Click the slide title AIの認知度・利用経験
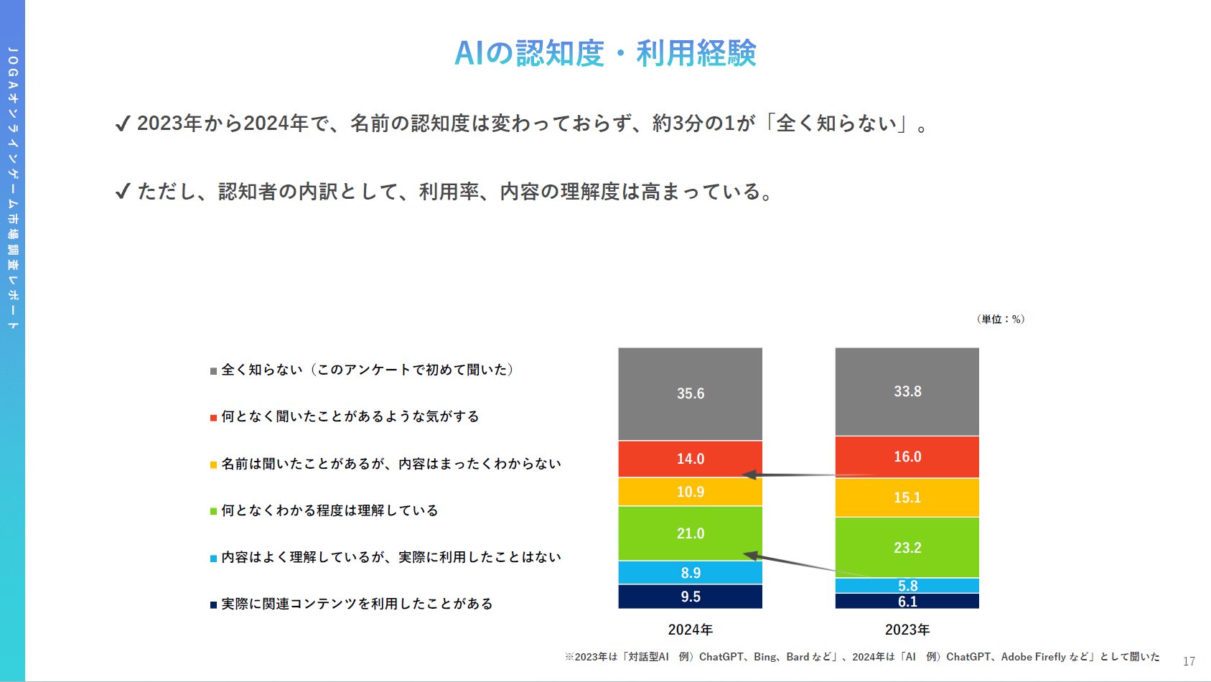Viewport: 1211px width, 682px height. pos(605,53)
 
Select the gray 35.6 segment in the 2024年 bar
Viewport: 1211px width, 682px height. pos(691,393)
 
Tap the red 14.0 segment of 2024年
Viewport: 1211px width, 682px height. pos(691,459)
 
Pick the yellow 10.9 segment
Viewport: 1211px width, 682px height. pos(691,492)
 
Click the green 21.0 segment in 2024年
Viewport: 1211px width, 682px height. pos(691,533)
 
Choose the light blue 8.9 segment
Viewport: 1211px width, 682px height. pos(691,573)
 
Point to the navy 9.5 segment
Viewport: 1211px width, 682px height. pos(691,597)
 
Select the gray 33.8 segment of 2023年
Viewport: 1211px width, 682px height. pos(907,391)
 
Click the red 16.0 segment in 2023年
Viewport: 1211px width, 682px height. pos(907,457)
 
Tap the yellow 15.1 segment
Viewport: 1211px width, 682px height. pos(907,498)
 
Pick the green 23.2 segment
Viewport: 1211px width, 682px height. pos(907,547)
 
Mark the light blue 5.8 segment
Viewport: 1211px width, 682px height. pos(907,586)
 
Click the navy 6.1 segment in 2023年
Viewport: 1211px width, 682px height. pos(907,602)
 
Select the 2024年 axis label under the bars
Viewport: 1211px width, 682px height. pos(691,630)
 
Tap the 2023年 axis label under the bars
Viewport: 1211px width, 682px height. pos(907,630)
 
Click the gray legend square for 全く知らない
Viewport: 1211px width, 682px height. pos(213,371)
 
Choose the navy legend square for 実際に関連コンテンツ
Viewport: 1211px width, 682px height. pos(213,604)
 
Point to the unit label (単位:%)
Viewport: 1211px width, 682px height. pos(1001,319)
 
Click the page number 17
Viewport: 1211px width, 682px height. pos(1189,661)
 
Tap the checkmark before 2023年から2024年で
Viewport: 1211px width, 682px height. pos(123,124)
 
